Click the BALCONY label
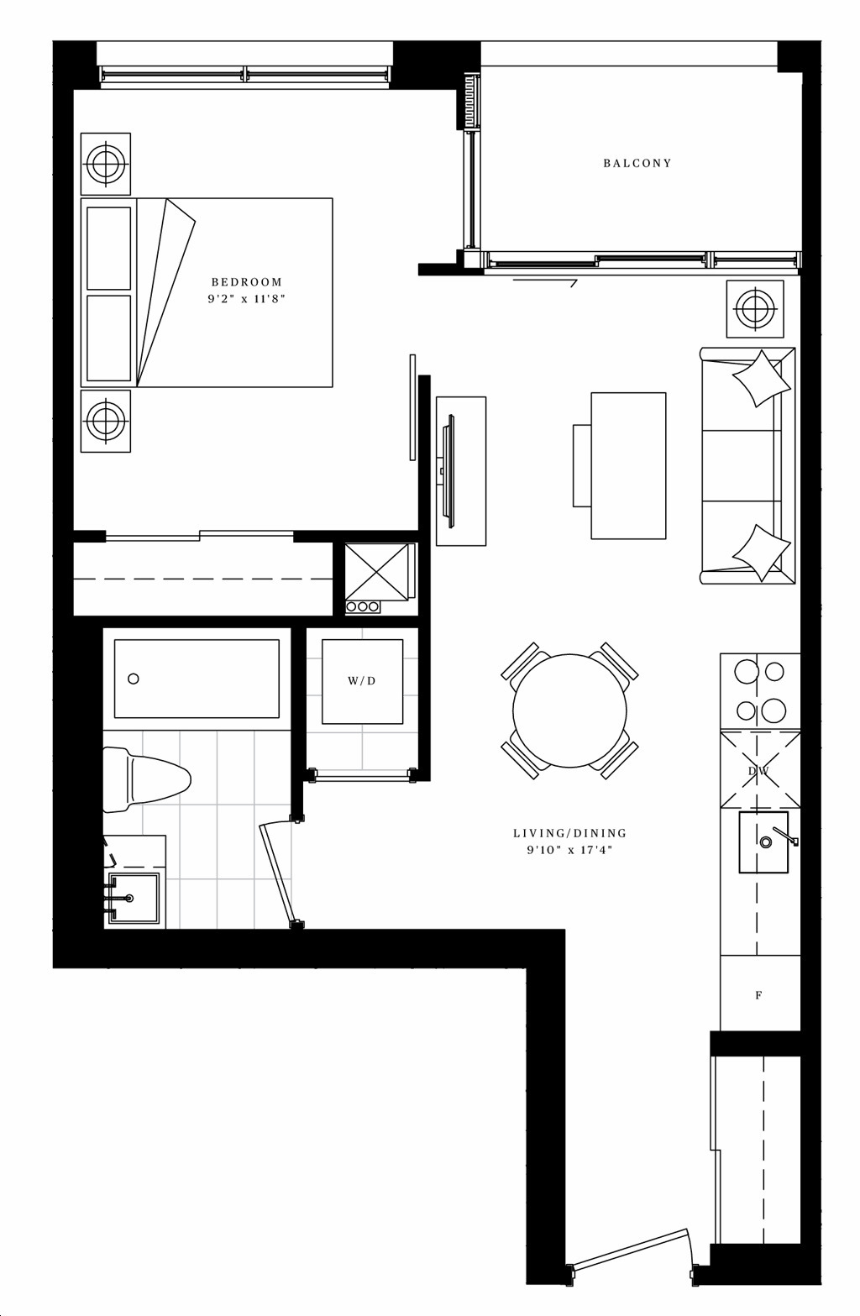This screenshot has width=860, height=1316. [x=637, y=163]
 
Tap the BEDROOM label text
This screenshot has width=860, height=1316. [x=247, y=282]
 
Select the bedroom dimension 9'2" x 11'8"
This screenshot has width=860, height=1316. [x=246, y=298]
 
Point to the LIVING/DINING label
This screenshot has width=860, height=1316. [x=569, y=832]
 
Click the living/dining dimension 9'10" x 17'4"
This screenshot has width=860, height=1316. [x=569, y=850]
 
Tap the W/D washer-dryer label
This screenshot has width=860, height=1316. [x=361, y=681]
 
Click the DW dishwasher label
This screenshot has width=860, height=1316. [x=759, y=771]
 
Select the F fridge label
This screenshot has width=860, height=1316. [x=758, y=995]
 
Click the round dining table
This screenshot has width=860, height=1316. [x=569, y=710]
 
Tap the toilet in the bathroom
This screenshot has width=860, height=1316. [x=146, y=779]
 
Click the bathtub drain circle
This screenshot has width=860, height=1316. [x=134, y=679]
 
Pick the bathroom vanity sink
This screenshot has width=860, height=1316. [x=134, y=899]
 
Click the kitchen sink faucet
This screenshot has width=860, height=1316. [x=784, y=836]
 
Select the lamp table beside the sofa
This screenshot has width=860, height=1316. [x=755, y=309]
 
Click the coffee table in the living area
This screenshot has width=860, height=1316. [x=628, y=465]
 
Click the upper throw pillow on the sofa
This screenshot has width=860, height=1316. [x=761, y=379]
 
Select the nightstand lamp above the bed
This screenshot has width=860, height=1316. [x=106, y=164]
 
